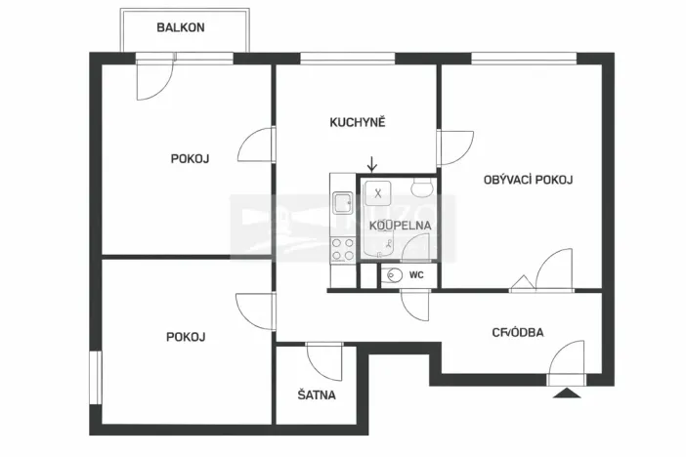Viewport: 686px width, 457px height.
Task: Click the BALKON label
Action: tap(181, 27)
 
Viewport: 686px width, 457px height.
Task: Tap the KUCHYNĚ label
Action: tap(358, 122)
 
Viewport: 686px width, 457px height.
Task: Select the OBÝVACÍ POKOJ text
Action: tap(528, 180)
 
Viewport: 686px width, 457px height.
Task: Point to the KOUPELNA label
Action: tap(400, 226)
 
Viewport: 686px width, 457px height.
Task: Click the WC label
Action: tap(416, 275)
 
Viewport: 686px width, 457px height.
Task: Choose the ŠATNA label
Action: tap(317, 395)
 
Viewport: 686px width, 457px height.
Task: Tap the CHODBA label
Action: tap(518, 332)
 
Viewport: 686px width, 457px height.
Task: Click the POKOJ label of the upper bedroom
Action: tap(190, 157)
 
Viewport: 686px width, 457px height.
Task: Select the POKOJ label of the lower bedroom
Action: tap(186, 337)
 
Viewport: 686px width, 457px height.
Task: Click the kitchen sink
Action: tap(343, 203)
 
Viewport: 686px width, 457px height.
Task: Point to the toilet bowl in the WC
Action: tap(393, 275)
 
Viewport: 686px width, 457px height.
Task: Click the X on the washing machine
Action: tap(378, 192)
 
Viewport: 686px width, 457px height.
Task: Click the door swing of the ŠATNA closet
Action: tap(322, 360)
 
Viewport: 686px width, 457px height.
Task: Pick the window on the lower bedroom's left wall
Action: tap(95, 375)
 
